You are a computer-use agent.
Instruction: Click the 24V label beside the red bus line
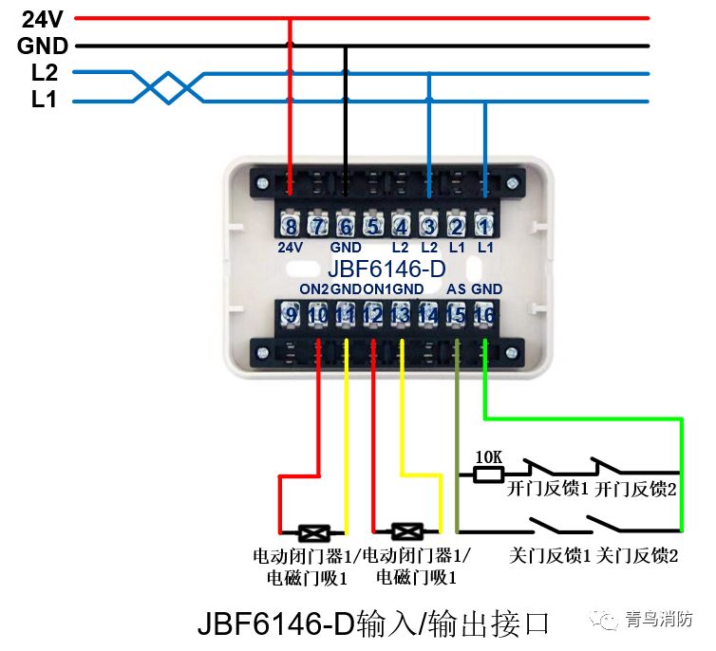click(x=42, y=18)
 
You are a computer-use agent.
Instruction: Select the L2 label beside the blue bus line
click(x=44, y=73)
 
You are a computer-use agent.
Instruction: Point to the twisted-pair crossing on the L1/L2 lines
click(x=167, y=86)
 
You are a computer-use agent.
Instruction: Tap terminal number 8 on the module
click(x=291, y=227)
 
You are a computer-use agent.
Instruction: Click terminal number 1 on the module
click(x=484, y=227)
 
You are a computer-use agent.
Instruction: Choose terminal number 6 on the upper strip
click(x=346, y=227)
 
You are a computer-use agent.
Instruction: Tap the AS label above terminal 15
click(x=455, y=289)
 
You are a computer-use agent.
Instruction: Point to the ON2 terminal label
click(x=314, y=289)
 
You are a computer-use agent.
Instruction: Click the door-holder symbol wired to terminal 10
click(x=312, y=531)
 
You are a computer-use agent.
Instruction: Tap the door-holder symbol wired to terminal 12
click(x=406, y=531)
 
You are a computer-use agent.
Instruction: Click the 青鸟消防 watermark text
click(x=659, y=619)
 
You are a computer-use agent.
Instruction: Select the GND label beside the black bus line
click(x=42, y=46)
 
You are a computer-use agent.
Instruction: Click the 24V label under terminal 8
click(x=291, y=247)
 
